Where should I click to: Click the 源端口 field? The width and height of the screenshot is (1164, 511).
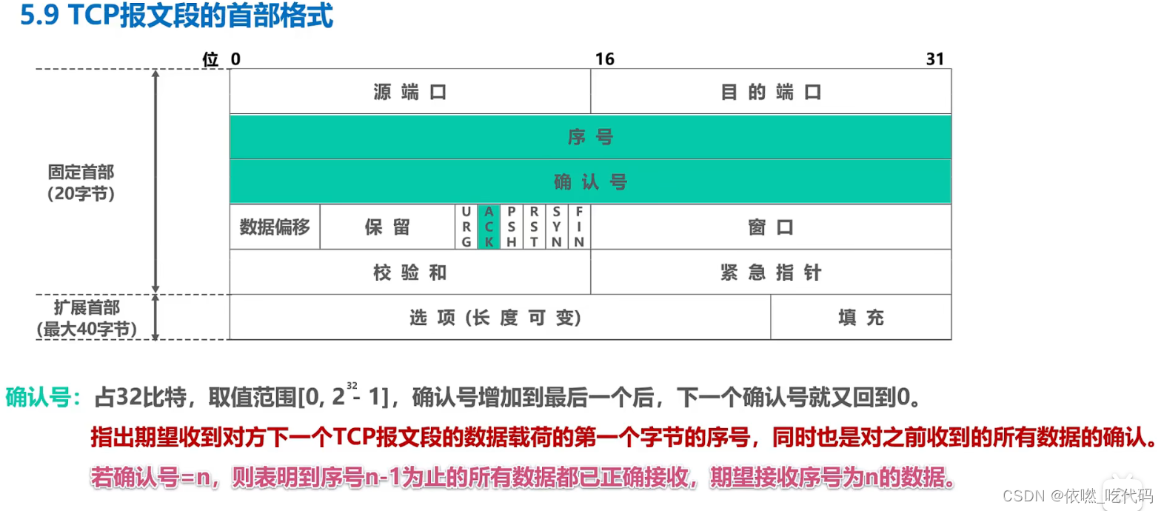pyautogui.click(x=409, y=92)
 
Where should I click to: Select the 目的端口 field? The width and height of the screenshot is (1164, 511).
pyautogui.click(x=771, y=92)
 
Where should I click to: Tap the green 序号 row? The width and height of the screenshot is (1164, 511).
pyautogui.click(x=590, y=137)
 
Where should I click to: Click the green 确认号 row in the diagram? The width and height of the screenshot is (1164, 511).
pyautogui.click(x=590, y=182)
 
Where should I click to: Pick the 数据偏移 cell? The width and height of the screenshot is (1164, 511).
pyautogui.click(x=275, y=227)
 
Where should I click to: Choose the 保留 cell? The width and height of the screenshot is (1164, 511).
pyautogui.click(x=387, y=227)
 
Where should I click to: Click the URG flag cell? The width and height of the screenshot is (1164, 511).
pyautogui.click(x=466, y=227)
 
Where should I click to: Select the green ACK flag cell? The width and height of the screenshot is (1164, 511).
pyautogui.click(x=489, y=227)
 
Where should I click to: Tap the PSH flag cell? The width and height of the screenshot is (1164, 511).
pyautogui.click(x=512, y=227)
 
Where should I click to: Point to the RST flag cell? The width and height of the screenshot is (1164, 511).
pyautogui.click(x=534, y=227)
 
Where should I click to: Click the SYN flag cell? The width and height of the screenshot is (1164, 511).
pyautogui.click(x=557, y=227)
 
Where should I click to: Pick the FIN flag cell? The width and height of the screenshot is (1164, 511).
pyautogui.click(x=579, y=227)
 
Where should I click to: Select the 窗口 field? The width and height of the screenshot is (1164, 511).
pyautogui.click(x=771, y=227)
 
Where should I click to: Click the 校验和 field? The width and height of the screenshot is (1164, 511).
pyautogui.click(x=409, y=273)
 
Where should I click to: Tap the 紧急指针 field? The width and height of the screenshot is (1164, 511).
pyautogui.click(x=771, y=273)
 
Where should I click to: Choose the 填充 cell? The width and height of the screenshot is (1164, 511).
pyautogui.click(x=861, y=318)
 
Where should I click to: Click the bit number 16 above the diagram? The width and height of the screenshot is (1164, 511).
pyautogui.click(x=605, y=59)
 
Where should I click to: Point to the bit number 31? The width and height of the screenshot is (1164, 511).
pyautogui.click(x=935, y=59)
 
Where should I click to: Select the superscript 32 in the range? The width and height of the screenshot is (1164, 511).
pyautogui.click(x=352, y=385)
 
